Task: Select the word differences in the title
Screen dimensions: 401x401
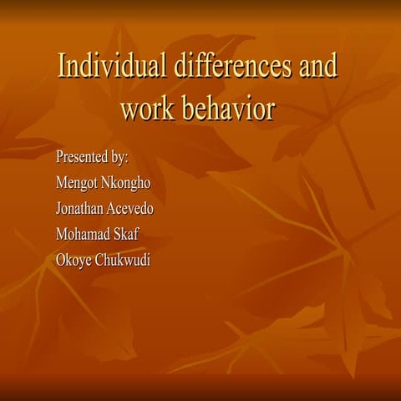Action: pos(221,66)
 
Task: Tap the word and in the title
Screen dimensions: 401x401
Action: pos(317,66)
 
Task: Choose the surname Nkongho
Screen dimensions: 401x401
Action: pos(129,183)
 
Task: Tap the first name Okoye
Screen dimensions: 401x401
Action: pos(73,259)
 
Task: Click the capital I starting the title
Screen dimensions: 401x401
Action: pos(61,66)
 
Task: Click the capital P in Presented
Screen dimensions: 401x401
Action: pos(58,157)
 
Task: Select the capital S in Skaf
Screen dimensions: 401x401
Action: pos(116,233)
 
